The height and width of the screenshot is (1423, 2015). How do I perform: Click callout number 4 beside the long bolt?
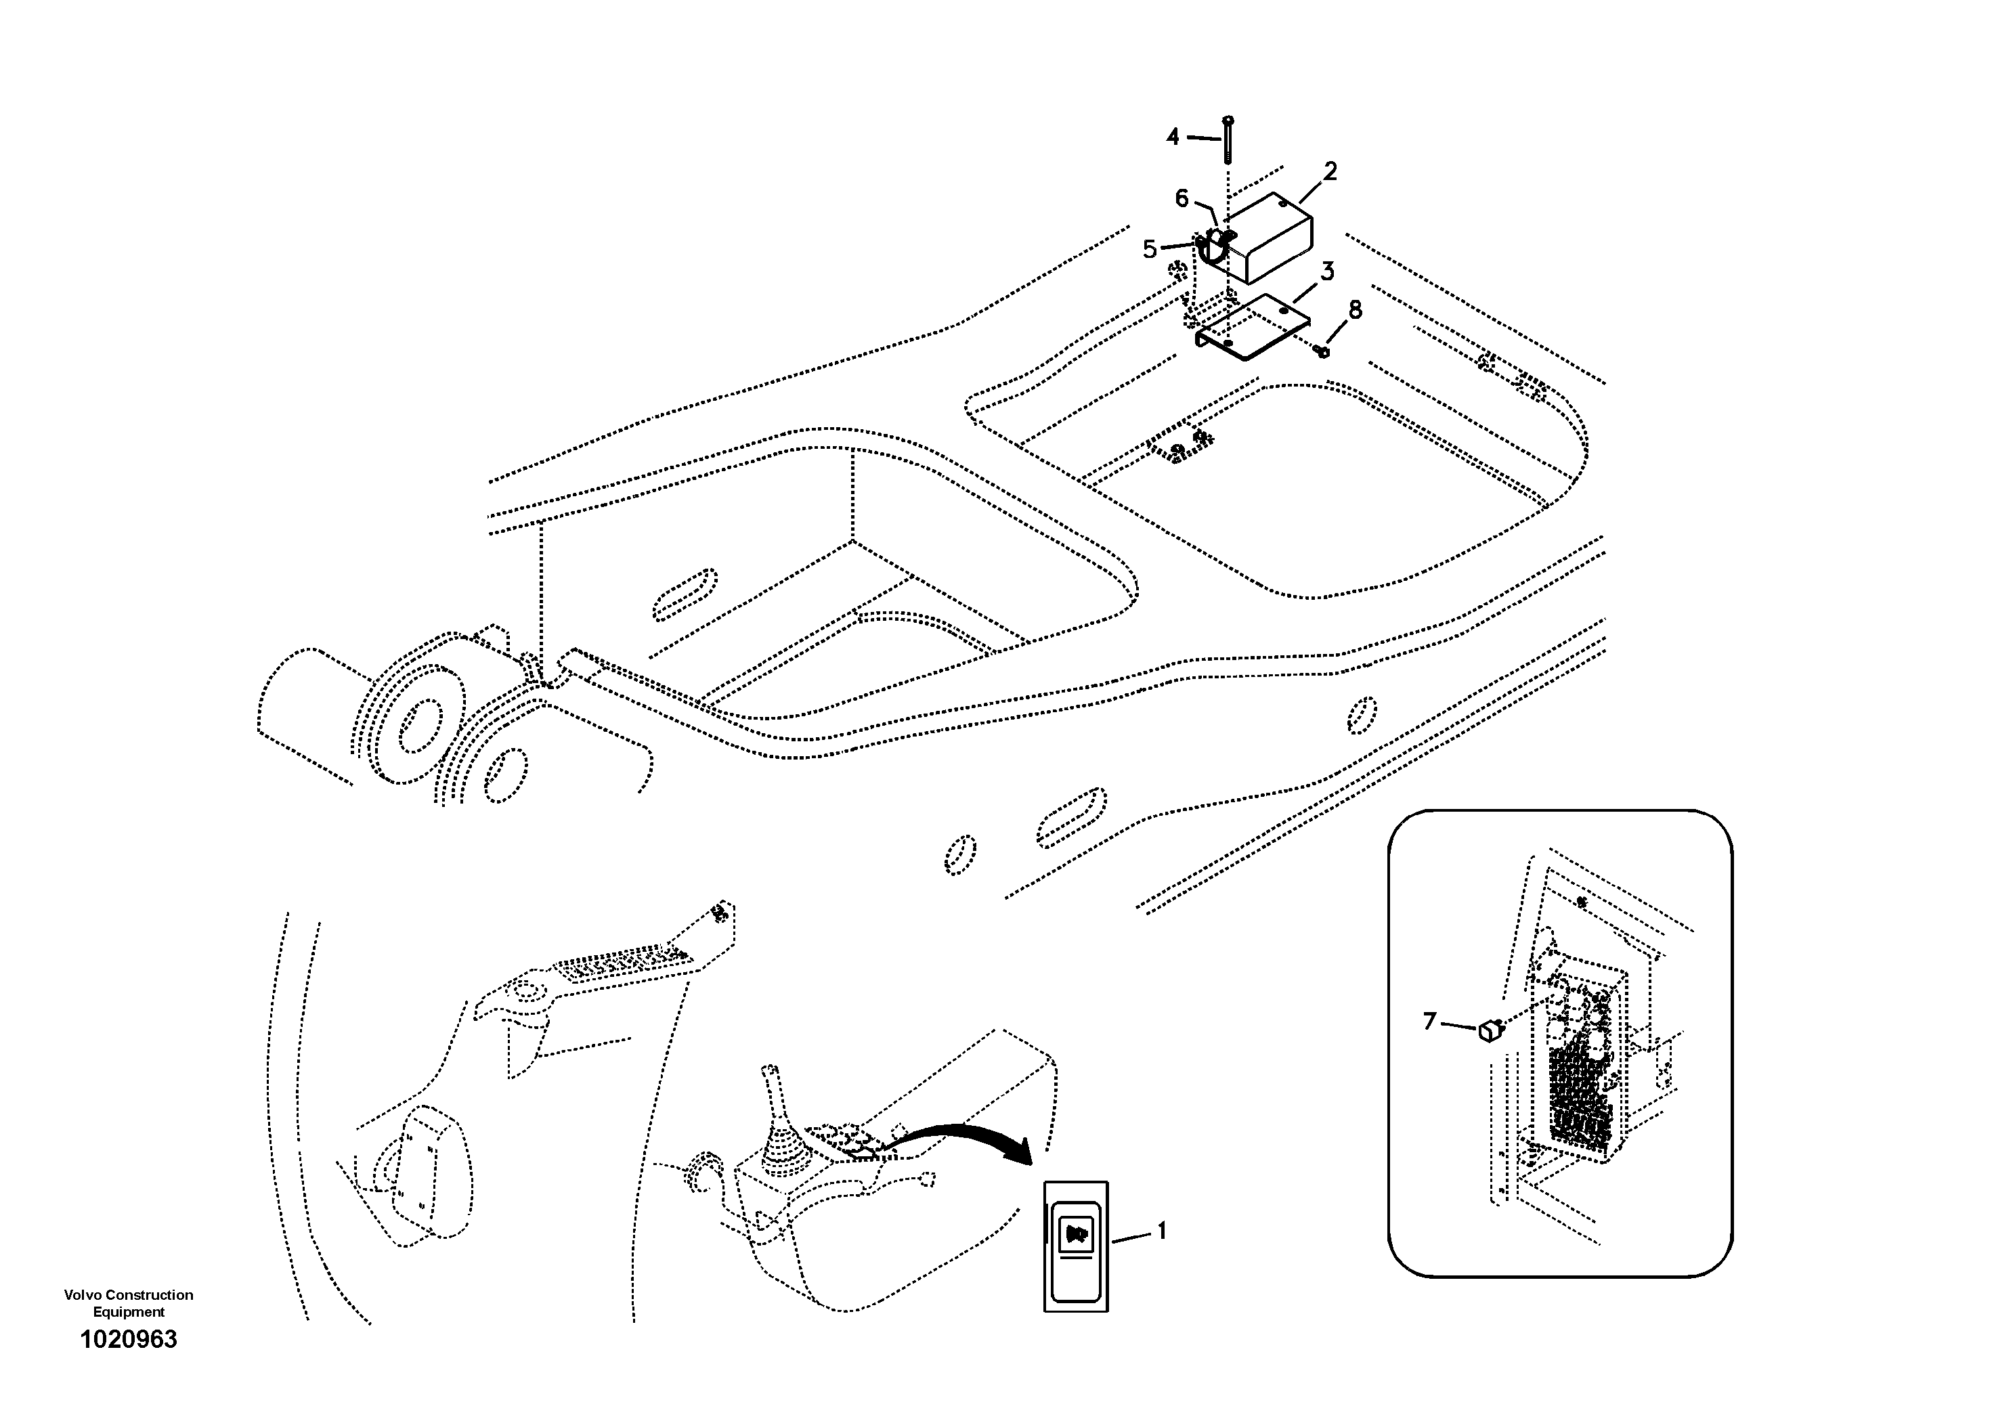tap(1173, 137)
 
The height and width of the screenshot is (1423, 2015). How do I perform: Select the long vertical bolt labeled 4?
tap(1228, 140)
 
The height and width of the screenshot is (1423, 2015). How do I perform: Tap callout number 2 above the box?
tap(1330, 171)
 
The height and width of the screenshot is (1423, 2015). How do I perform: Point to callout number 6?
tap(1182, 199)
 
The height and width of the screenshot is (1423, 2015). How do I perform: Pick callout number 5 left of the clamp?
tap(1150, 249)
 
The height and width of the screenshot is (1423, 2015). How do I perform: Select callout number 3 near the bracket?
tap(1327, 272)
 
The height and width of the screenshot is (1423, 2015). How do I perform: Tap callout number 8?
tap(1355, 309)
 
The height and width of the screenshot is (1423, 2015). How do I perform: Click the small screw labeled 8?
tap(1322, 351)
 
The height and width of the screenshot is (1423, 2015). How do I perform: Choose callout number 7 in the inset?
tap(1429, 1021)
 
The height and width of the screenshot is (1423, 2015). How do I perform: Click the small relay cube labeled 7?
tap(1490, 1031)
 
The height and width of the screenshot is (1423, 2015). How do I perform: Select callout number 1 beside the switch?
tap(1161, 1231)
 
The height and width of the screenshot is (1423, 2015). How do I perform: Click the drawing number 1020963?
tap(128, 1340)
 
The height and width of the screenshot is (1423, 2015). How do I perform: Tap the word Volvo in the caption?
tap(80, 1295)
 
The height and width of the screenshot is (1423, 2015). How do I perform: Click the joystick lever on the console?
tap(777, 1115)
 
